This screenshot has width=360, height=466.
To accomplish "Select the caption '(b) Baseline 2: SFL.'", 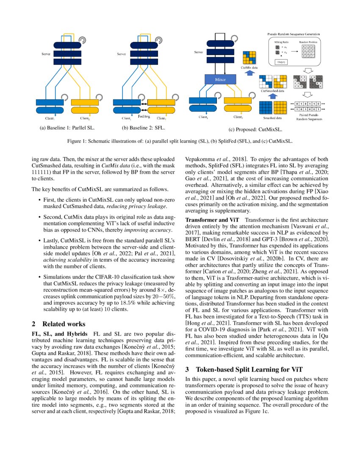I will pyautogui.click(x=143, y=127).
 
